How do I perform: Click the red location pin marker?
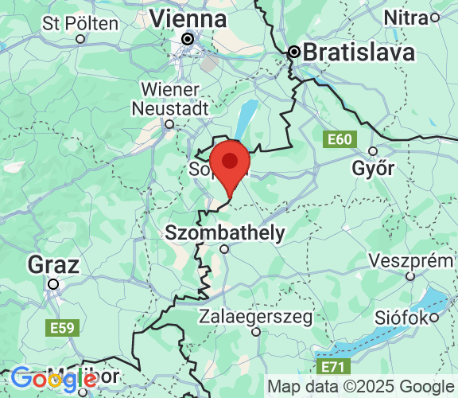[x=230, y=162]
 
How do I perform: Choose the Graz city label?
[x=53, y=263]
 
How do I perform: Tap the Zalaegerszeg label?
[x=256, y=316]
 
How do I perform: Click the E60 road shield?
[x=339, y=140]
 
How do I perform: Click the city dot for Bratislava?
[x=293, y=53]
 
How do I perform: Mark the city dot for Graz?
[x=53, y=283]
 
